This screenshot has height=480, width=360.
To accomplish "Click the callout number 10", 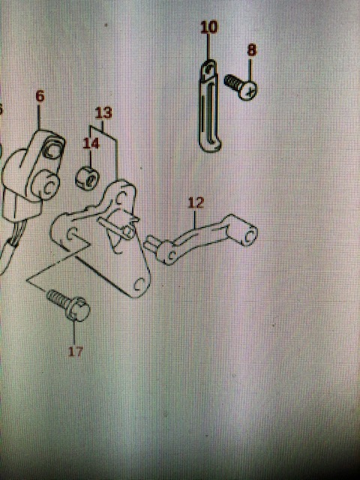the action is [x=209, y=27].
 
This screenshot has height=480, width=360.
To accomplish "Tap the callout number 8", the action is [x=252, y=50].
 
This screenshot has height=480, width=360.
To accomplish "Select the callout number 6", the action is [x=40, y=96].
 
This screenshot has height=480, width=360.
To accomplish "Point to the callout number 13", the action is [x=103, y=112].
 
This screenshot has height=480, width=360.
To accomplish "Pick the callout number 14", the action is [x=91, y=143].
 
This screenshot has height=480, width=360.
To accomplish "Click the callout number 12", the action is [x=196, y=202].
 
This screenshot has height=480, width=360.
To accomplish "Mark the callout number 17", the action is [x=76, y=352].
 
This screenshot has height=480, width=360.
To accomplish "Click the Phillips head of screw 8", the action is [x=248, y=90].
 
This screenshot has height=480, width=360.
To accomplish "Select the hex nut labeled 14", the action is [x=88, y=178].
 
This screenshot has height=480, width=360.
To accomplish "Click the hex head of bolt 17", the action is [x=78, y=309].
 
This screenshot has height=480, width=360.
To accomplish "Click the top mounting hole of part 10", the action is [x=208, y=69].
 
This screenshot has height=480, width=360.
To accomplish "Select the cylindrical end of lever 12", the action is [x=248, y=235].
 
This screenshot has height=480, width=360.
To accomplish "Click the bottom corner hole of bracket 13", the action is [x=140, y=285].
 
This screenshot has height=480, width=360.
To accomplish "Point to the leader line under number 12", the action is [x=195, y=218].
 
